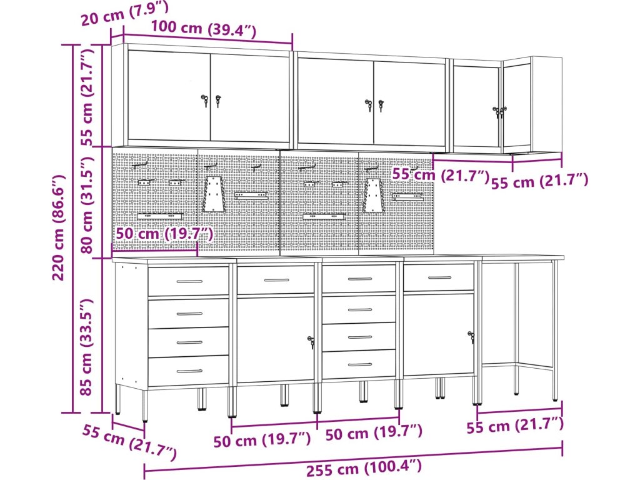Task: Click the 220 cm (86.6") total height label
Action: click(x=59, y=227)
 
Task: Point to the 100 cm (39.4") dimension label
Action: click(x=204, y=29)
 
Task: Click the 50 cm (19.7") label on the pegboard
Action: click(x=164, y=234)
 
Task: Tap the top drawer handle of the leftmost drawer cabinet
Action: click(x=189, y=281)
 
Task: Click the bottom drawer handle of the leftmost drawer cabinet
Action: click(x=189, y=371)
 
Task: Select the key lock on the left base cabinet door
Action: click(x=311, y=342)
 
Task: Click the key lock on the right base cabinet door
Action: click(x=471, y=337)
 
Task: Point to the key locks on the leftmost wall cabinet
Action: click(x=211, y=101)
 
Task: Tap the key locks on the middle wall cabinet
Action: click(x=375, y=105)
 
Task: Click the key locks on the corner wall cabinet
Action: click(x=499, y=112)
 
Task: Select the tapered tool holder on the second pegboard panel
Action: click(x=213, y=194)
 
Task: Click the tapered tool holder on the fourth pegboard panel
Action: click(x=372, y=195)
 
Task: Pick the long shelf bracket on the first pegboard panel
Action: click(x=159, y=216)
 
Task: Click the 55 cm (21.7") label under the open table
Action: click(x=515, y=425)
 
